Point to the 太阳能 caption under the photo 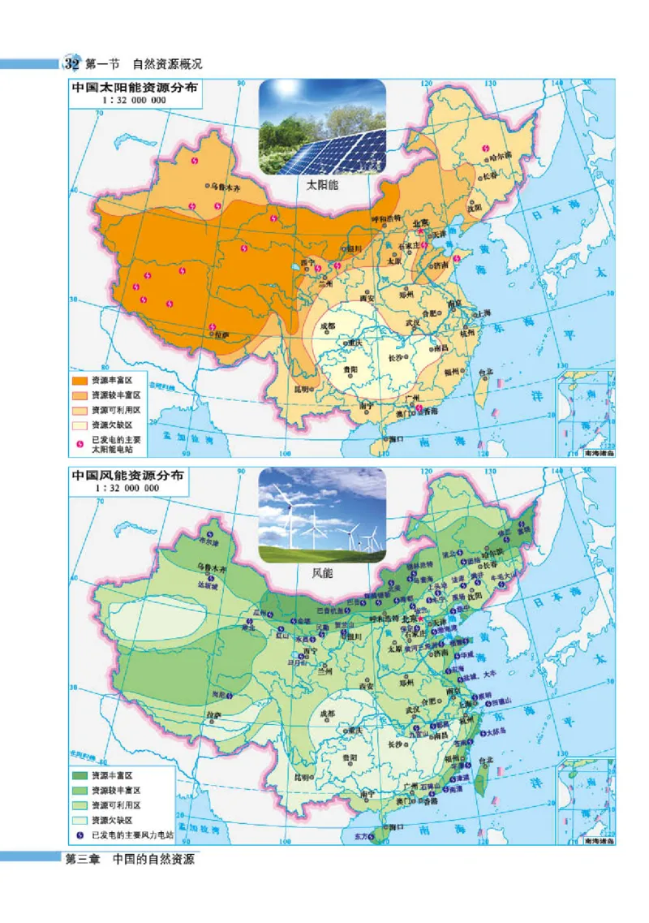tap(321, 186)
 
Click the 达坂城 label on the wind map tap(211, 584)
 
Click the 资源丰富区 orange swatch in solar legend tap(80, 379)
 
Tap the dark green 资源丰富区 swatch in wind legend tap(80, 775)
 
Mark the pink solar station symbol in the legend tap(80, 439)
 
